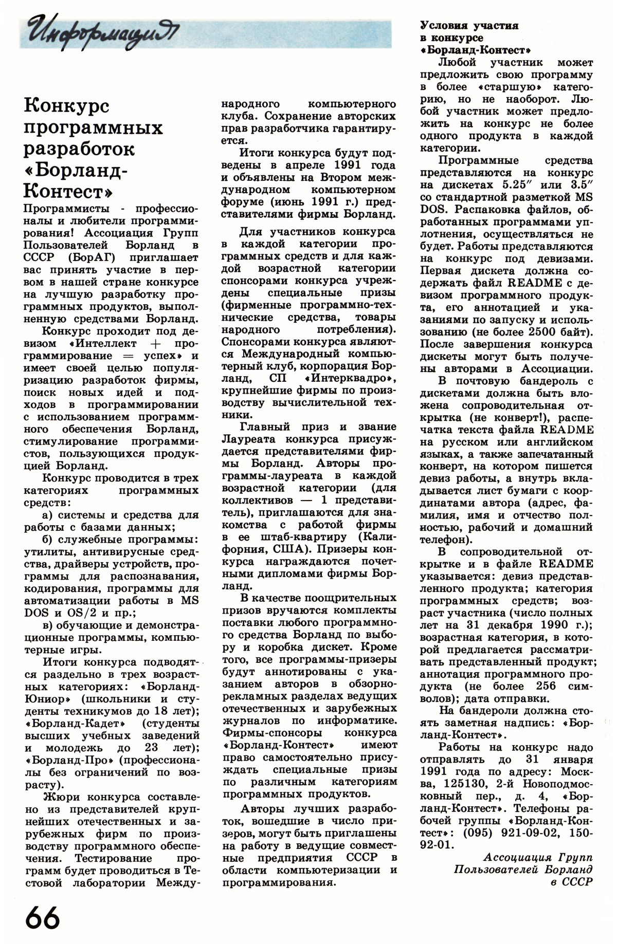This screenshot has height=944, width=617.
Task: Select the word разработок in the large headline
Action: [x=80, y=150]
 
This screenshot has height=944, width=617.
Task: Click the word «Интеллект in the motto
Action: [x=103, y=343]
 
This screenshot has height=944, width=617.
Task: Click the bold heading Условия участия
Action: [x=469, y=25]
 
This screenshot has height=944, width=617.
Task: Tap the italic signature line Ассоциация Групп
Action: [x=538, y=858]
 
